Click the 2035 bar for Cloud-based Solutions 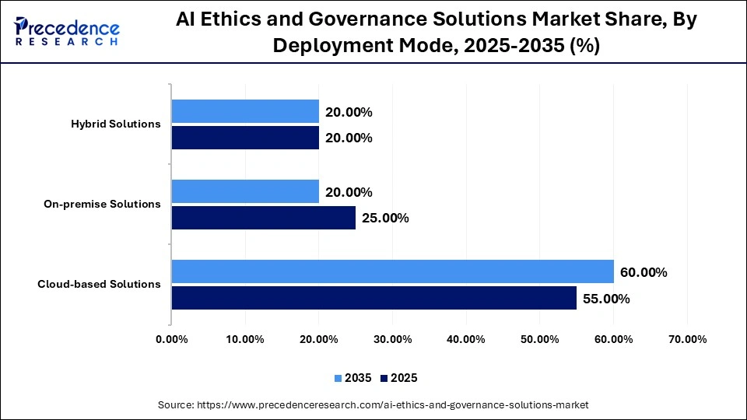392,271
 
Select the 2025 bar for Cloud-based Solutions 373,298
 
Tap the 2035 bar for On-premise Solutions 245,191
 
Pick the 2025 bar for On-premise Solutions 263,218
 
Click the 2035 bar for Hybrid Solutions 245,111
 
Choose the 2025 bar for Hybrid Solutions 245,138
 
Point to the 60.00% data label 644,272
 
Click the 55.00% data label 606,299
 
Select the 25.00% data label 385,219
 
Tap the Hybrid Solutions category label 115,124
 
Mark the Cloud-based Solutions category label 99,285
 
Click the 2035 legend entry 353,378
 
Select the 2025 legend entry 399,378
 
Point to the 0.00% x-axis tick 172,339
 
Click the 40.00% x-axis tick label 466,339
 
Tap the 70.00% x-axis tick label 687,339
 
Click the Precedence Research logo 67,31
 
